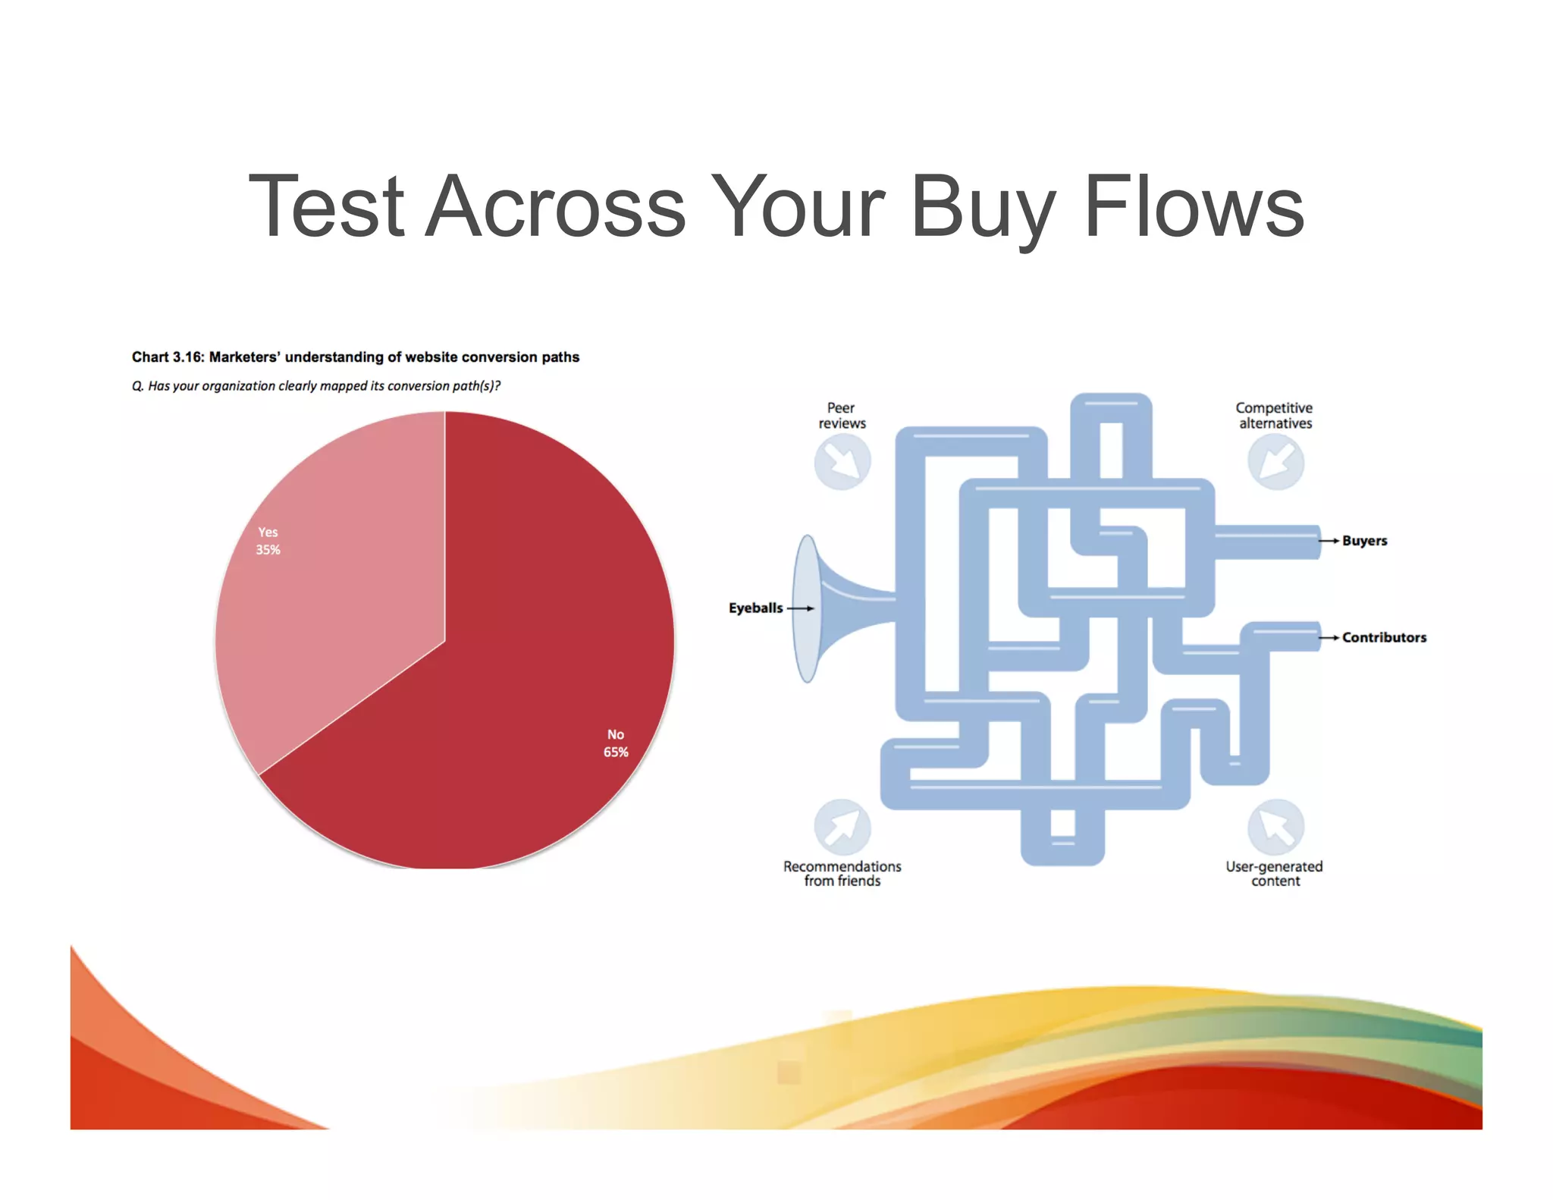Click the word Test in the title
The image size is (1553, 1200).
[x=326, y=206]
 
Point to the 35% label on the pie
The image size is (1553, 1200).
[x=268, y=550]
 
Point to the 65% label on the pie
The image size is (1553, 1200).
[x=615, y=752]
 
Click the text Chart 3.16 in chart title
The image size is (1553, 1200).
[x=168, y=357]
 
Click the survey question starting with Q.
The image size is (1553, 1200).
[x=315, y=386]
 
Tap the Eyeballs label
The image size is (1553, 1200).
[x=755, y=608]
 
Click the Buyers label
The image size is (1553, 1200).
[x=1364, y=541]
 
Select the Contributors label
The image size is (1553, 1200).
[x=1384, y=638]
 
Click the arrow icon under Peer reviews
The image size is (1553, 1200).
[x=842, y=462]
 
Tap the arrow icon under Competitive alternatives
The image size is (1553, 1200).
[x=1275, y=462]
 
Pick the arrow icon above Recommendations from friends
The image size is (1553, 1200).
[x=842, y=827]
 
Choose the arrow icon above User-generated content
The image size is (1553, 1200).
[x=1275, y=827]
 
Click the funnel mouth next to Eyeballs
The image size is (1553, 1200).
[x=808, y=608]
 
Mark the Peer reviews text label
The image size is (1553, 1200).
[x=841, y=416]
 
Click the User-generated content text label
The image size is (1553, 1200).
[x=1274, y=874]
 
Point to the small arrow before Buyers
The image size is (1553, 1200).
[x=1329, y=541]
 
